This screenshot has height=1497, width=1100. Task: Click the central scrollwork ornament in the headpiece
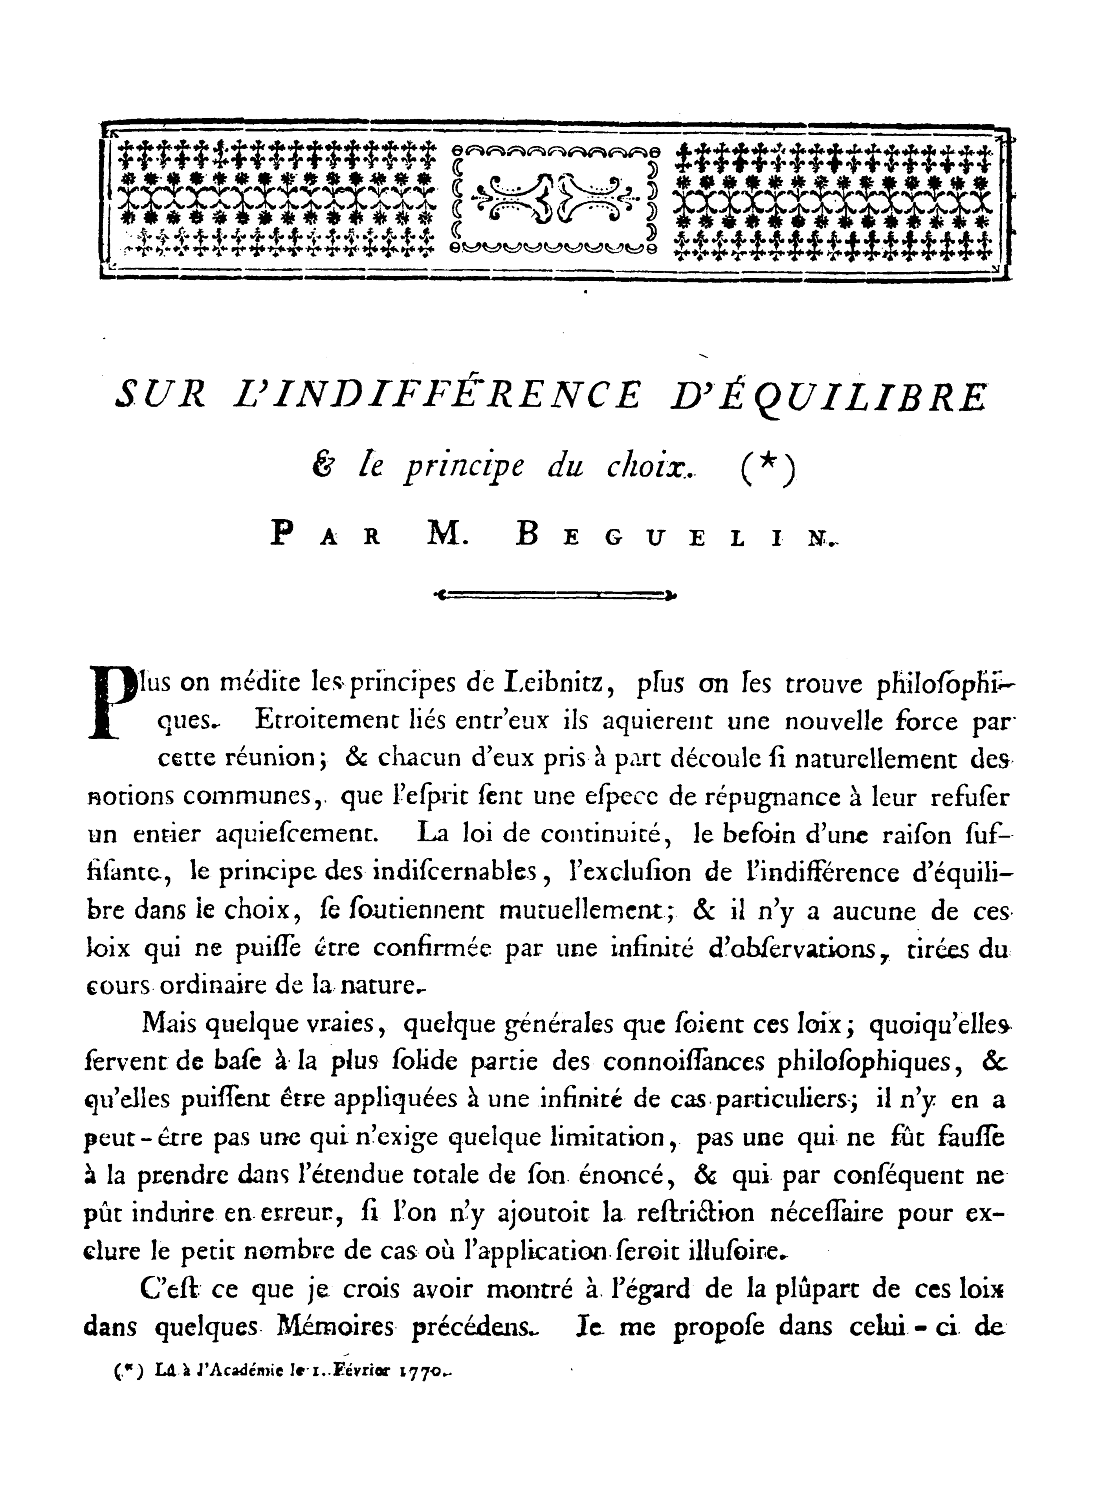pyautogui.click(x=555, y=194)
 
